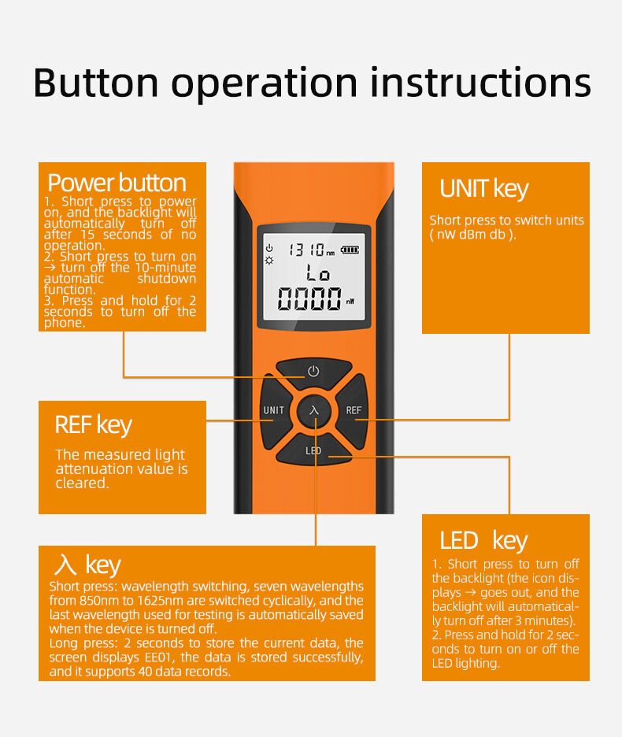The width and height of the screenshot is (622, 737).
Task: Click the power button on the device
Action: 313,371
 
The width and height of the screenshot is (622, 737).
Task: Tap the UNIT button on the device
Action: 273,410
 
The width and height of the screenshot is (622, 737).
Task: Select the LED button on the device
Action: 313,450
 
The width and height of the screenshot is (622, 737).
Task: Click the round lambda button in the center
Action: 314,410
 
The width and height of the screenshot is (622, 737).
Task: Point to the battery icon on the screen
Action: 349,250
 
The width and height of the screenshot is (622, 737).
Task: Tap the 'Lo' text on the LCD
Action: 317,275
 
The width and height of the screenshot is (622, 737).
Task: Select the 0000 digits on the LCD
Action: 309,299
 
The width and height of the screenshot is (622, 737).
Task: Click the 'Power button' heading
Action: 117,183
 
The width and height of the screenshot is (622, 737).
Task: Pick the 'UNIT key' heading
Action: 483,189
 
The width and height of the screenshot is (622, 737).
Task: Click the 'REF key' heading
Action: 93,425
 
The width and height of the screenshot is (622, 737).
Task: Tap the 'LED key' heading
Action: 483,541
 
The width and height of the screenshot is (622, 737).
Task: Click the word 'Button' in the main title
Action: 96,82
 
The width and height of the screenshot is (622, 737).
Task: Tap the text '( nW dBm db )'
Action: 472,235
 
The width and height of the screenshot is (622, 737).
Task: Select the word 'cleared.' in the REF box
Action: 82,483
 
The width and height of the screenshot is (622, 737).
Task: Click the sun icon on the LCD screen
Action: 269,259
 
